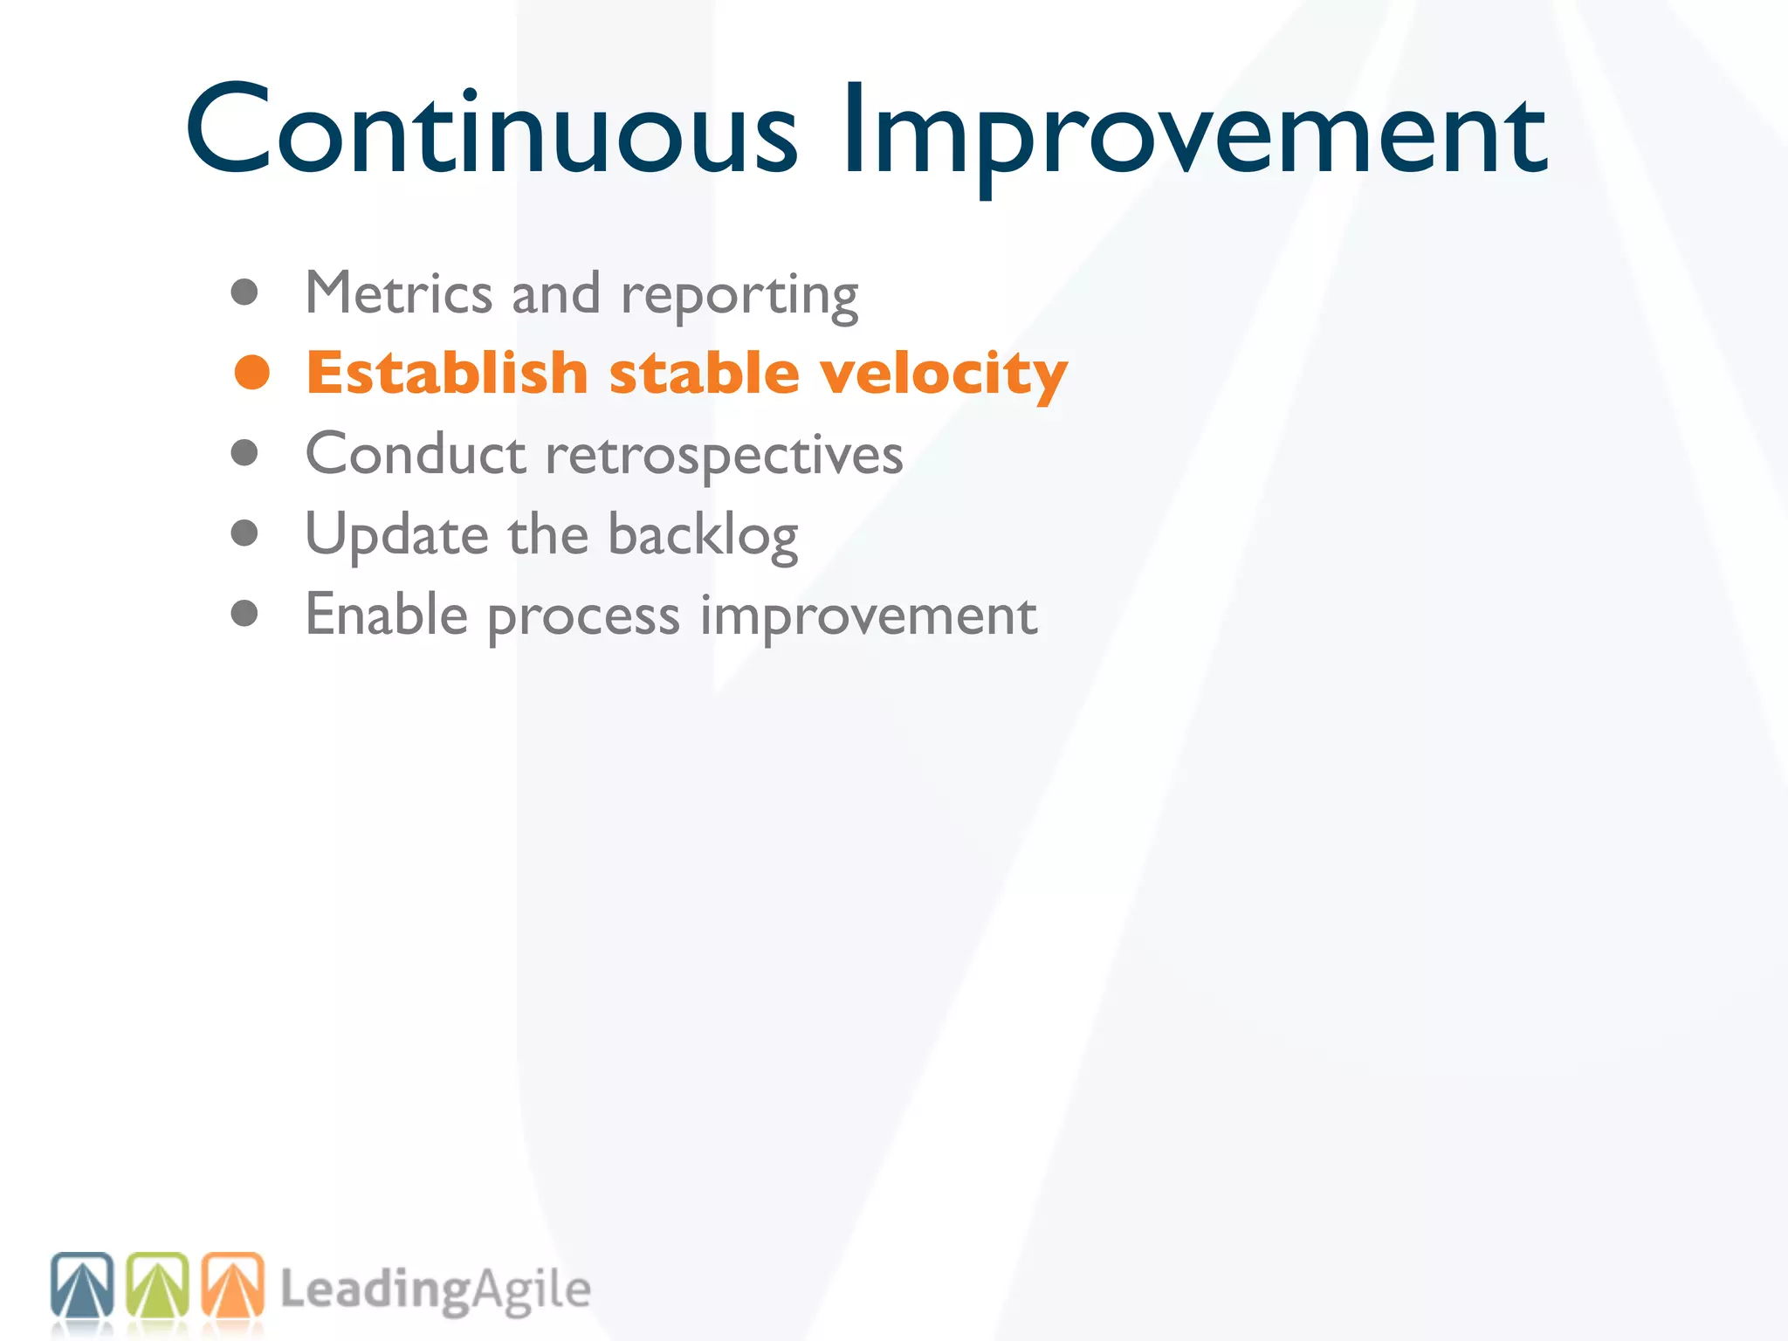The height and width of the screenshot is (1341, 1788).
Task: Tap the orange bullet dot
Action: point(252,373)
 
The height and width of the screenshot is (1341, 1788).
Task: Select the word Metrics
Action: point(398,293)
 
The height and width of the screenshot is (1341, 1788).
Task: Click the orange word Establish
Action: point(447,373)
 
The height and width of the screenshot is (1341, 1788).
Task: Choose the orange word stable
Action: point(704,373)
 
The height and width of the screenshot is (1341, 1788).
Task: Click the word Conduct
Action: point(416,454)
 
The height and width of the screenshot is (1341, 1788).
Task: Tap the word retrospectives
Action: point(724,457)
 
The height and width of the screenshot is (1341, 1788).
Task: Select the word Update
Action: point(396,535)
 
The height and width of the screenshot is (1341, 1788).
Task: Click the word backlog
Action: point(703,535)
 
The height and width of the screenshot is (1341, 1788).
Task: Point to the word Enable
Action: point(387,615)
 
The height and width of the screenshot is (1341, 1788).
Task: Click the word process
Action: point(583,618)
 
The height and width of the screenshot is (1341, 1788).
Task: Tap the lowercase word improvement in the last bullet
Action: point(869,616)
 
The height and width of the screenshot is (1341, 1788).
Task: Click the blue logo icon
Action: point(82,1285)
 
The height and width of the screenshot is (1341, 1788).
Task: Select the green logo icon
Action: point(157,1285)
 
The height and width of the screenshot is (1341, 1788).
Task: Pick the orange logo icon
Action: point(232,1285)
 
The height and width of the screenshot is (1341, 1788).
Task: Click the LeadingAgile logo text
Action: point(435,1290)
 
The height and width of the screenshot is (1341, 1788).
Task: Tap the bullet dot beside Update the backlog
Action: point(244,533)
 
